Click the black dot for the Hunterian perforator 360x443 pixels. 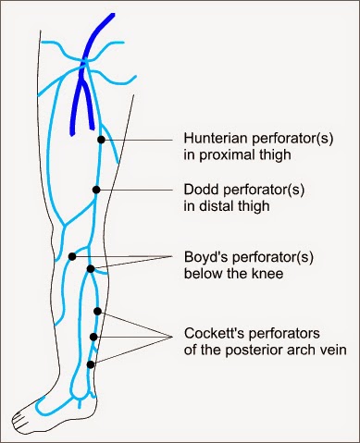tap(101, 139)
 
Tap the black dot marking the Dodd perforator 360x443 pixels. tap(95, 190)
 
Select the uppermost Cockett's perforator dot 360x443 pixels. tap(97, 312)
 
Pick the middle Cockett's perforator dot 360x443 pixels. tap(93, 338)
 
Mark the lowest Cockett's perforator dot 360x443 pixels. tap(91, 364)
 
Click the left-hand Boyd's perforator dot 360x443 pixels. tap(71, 256)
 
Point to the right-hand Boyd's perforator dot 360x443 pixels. tap(91, 269)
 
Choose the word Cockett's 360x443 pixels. tap(209, 330)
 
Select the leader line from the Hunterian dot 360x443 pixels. tap(139, 139)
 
